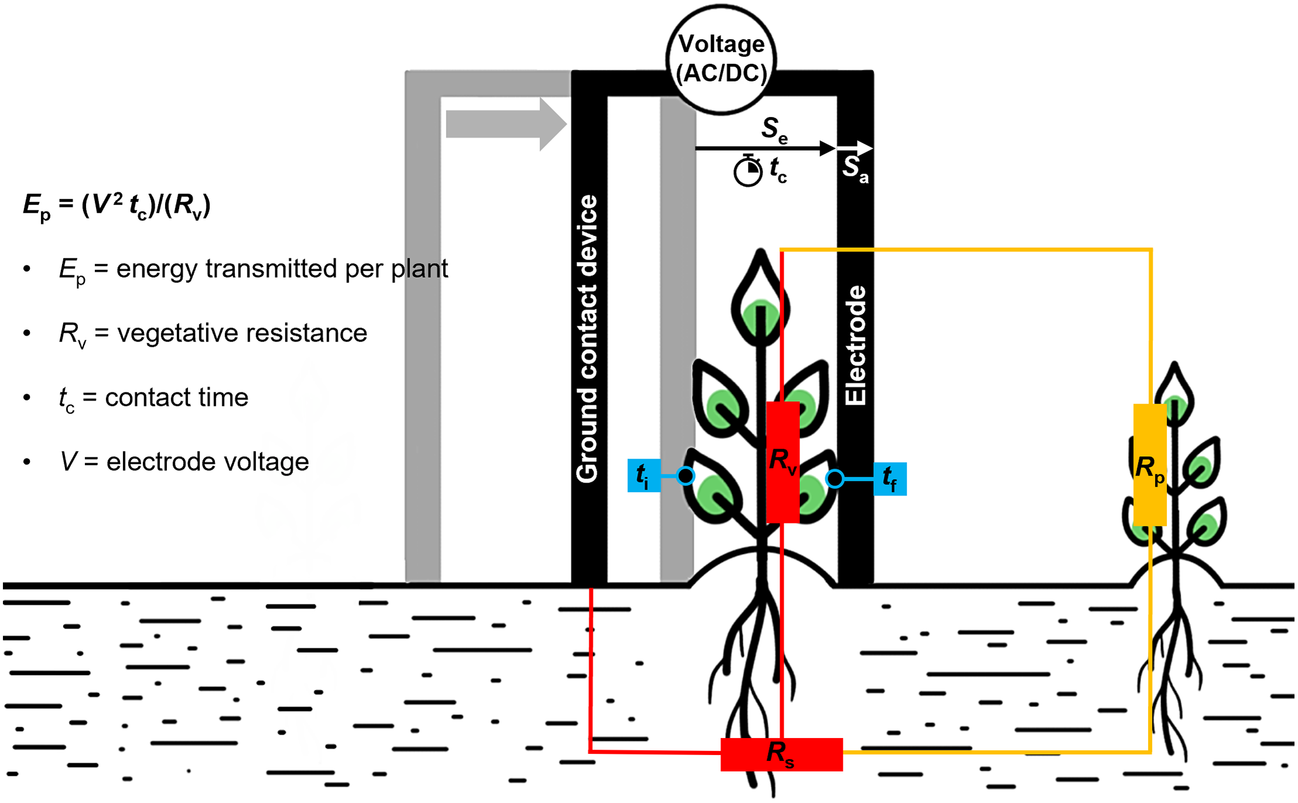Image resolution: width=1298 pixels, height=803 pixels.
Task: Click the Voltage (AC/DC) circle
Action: point(721,59)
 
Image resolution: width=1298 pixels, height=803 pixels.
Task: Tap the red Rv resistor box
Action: point(783,462)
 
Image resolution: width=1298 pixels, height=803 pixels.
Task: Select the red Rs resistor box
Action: point(781,754)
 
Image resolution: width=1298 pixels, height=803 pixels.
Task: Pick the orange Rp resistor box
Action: point(1149,466)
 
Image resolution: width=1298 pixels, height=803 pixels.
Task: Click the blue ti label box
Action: point(644,476)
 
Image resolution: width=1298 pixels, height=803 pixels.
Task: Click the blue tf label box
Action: point(890,479)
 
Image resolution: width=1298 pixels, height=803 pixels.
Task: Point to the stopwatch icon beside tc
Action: point(748,171)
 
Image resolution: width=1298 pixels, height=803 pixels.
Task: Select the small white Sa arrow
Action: point(855,148)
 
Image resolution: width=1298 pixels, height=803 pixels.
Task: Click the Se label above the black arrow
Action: point(774,129)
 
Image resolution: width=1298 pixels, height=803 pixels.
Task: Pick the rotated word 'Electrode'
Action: point(855,346)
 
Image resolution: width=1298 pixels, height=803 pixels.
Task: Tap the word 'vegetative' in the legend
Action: point(177,333)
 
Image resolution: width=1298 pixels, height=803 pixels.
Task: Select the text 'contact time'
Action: point(176,398)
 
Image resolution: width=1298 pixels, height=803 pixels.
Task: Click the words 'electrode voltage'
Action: point(207,462)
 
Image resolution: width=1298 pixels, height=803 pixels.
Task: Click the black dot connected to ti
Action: point(685,476)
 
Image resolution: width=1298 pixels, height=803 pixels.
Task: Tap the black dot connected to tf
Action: point(835,479)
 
